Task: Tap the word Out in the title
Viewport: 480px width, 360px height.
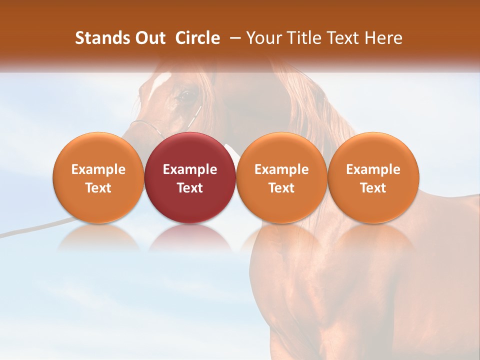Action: click(x=149, y=38)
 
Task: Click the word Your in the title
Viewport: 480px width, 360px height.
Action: click(x=261, y=38)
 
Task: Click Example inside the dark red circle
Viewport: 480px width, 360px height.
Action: click(x=190, y=169)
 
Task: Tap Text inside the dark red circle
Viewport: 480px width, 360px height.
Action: click(x=190, y=188)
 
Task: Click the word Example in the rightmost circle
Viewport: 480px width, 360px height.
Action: click(x=373, y=169)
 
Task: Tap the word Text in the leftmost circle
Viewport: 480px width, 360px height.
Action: click(x=98, y=188)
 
